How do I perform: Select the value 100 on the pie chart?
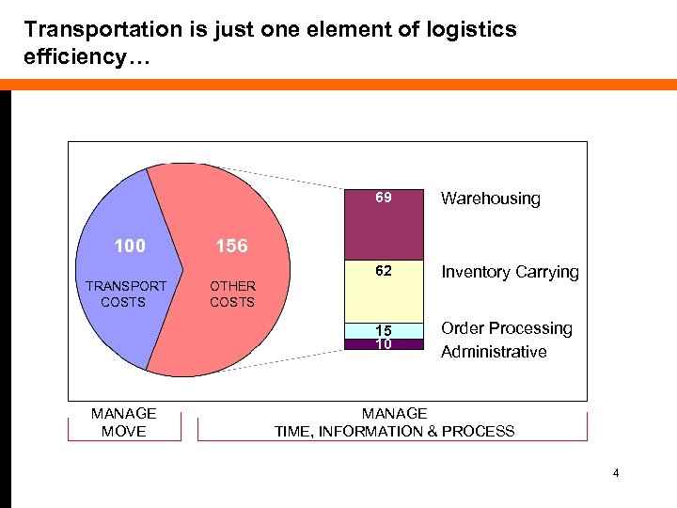130,246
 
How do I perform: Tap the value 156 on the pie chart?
231,246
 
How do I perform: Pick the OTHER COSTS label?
232,294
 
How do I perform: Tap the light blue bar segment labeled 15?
384,330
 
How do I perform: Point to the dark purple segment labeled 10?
384,344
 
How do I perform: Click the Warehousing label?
491,198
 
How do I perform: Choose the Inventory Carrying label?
510,272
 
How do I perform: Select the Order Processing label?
507,328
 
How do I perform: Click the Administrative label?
494,352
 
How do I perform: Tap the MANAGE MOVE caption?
124,422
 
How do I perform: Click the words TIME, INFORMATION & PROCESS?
394,432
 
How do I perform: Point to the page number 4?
616,473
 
